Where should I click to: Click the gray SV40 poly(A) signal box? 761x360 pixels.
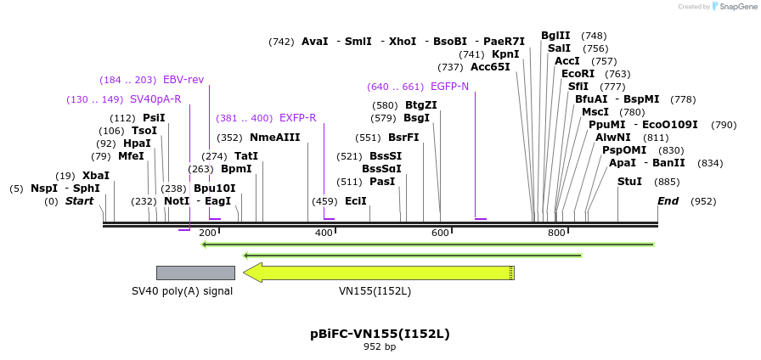click(x=195, y=273)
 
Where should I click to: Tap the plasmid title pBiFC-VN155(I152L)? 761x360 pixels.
click(x=380, y=334)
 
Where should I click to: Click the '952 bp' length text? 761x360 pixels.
click(x=380, y=346)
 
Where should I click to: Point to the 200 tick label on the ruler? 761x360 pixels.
click(x=207, y=233)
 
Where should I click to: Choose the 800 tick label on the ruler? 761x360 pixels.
click(x=556, y=233)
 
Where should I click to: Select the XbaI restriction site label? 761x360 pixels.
click(x=96, y=176)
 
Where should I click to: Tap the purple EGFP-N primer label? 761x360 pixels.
click(x=449, y=87)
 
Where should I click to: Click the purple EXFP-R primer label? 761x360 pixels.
click(x=297, y=118)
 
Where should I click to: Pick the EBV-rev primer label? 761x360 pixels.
click(x=183, y=80)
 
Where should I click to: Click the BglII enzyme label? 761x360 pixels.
click(x=555, y=36)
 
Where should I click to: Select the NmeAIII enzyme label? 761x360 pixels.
click(x=275, y=138)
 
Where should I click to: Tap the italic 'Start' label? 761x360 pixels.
click(x=79, y=201)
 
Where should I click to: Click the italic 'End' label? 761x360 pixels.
click(x=668, y=201)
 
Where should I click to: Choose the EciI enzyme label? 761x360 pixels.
click(x=356, y=201)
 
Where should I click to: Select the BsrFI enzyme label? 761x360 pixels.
click(x=403, y=138)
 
